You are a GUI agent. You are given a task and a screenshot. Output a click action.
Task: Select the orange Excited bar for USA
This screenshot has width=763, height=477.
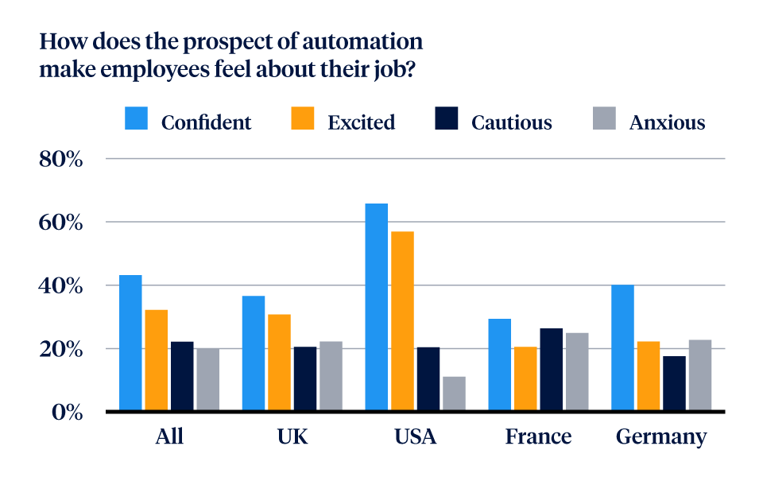pyautogui.click(x=402, y=321)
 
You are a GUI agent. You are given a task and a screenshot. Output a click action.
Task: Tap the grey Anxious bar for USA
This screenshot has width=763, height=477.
pyautogui.click(x=454, y=394)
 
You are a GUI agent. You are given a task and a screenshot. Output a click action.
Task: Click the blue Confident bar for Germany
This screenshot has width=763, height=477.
pyautogui.click(x=622, y=348)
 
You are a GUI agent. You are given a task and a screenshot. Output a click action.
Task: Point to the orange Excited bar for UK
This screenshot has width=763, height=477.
pyautogui.click(x=279, y=363)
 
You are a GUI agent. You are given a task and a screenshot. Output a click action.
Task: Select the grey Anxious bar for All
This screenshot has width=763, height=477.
pyautogui.click(x=207, y=379)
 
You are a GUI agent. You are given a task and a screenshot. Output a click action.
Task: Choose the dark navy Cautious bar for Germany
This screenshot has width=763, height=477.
pyautogui.click(x=674, y=383)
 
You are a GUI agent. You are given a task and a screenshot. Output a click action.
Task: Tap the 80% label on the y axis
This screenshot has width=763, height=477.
pyautogui.click(x=60, y=159)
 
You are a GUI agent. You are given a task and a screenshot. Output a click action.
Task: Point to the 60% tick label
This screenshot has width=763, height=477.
pyautogui.click(x=60, y=223)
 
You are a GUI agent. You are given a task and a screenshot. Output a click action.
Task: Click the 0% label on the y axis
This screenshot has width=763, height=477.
pyautogui.click(x=67, y=412)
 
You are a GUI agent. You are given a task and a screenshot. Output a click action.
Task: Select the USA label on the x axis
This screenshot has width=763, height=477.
pyautogui.click(x=415, y=436)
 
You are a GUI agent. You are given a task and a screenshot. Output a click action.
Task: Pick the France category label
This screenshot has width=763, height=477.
pyautogui.click(x=538, y=436)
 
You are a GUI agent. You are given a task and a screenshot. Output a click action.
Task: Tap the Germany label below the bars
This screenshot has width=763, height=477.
pyautogui.click(x=660, y=437)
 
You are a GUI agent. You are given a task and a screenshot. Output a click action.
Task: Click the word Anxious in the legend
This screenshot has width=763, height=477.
pyautogui.click(x=667, y=122)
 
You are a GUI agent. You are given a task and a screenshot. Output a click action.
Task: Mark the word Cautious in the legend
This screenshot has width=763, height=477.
pyautogui.click(x=511, y=122)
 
